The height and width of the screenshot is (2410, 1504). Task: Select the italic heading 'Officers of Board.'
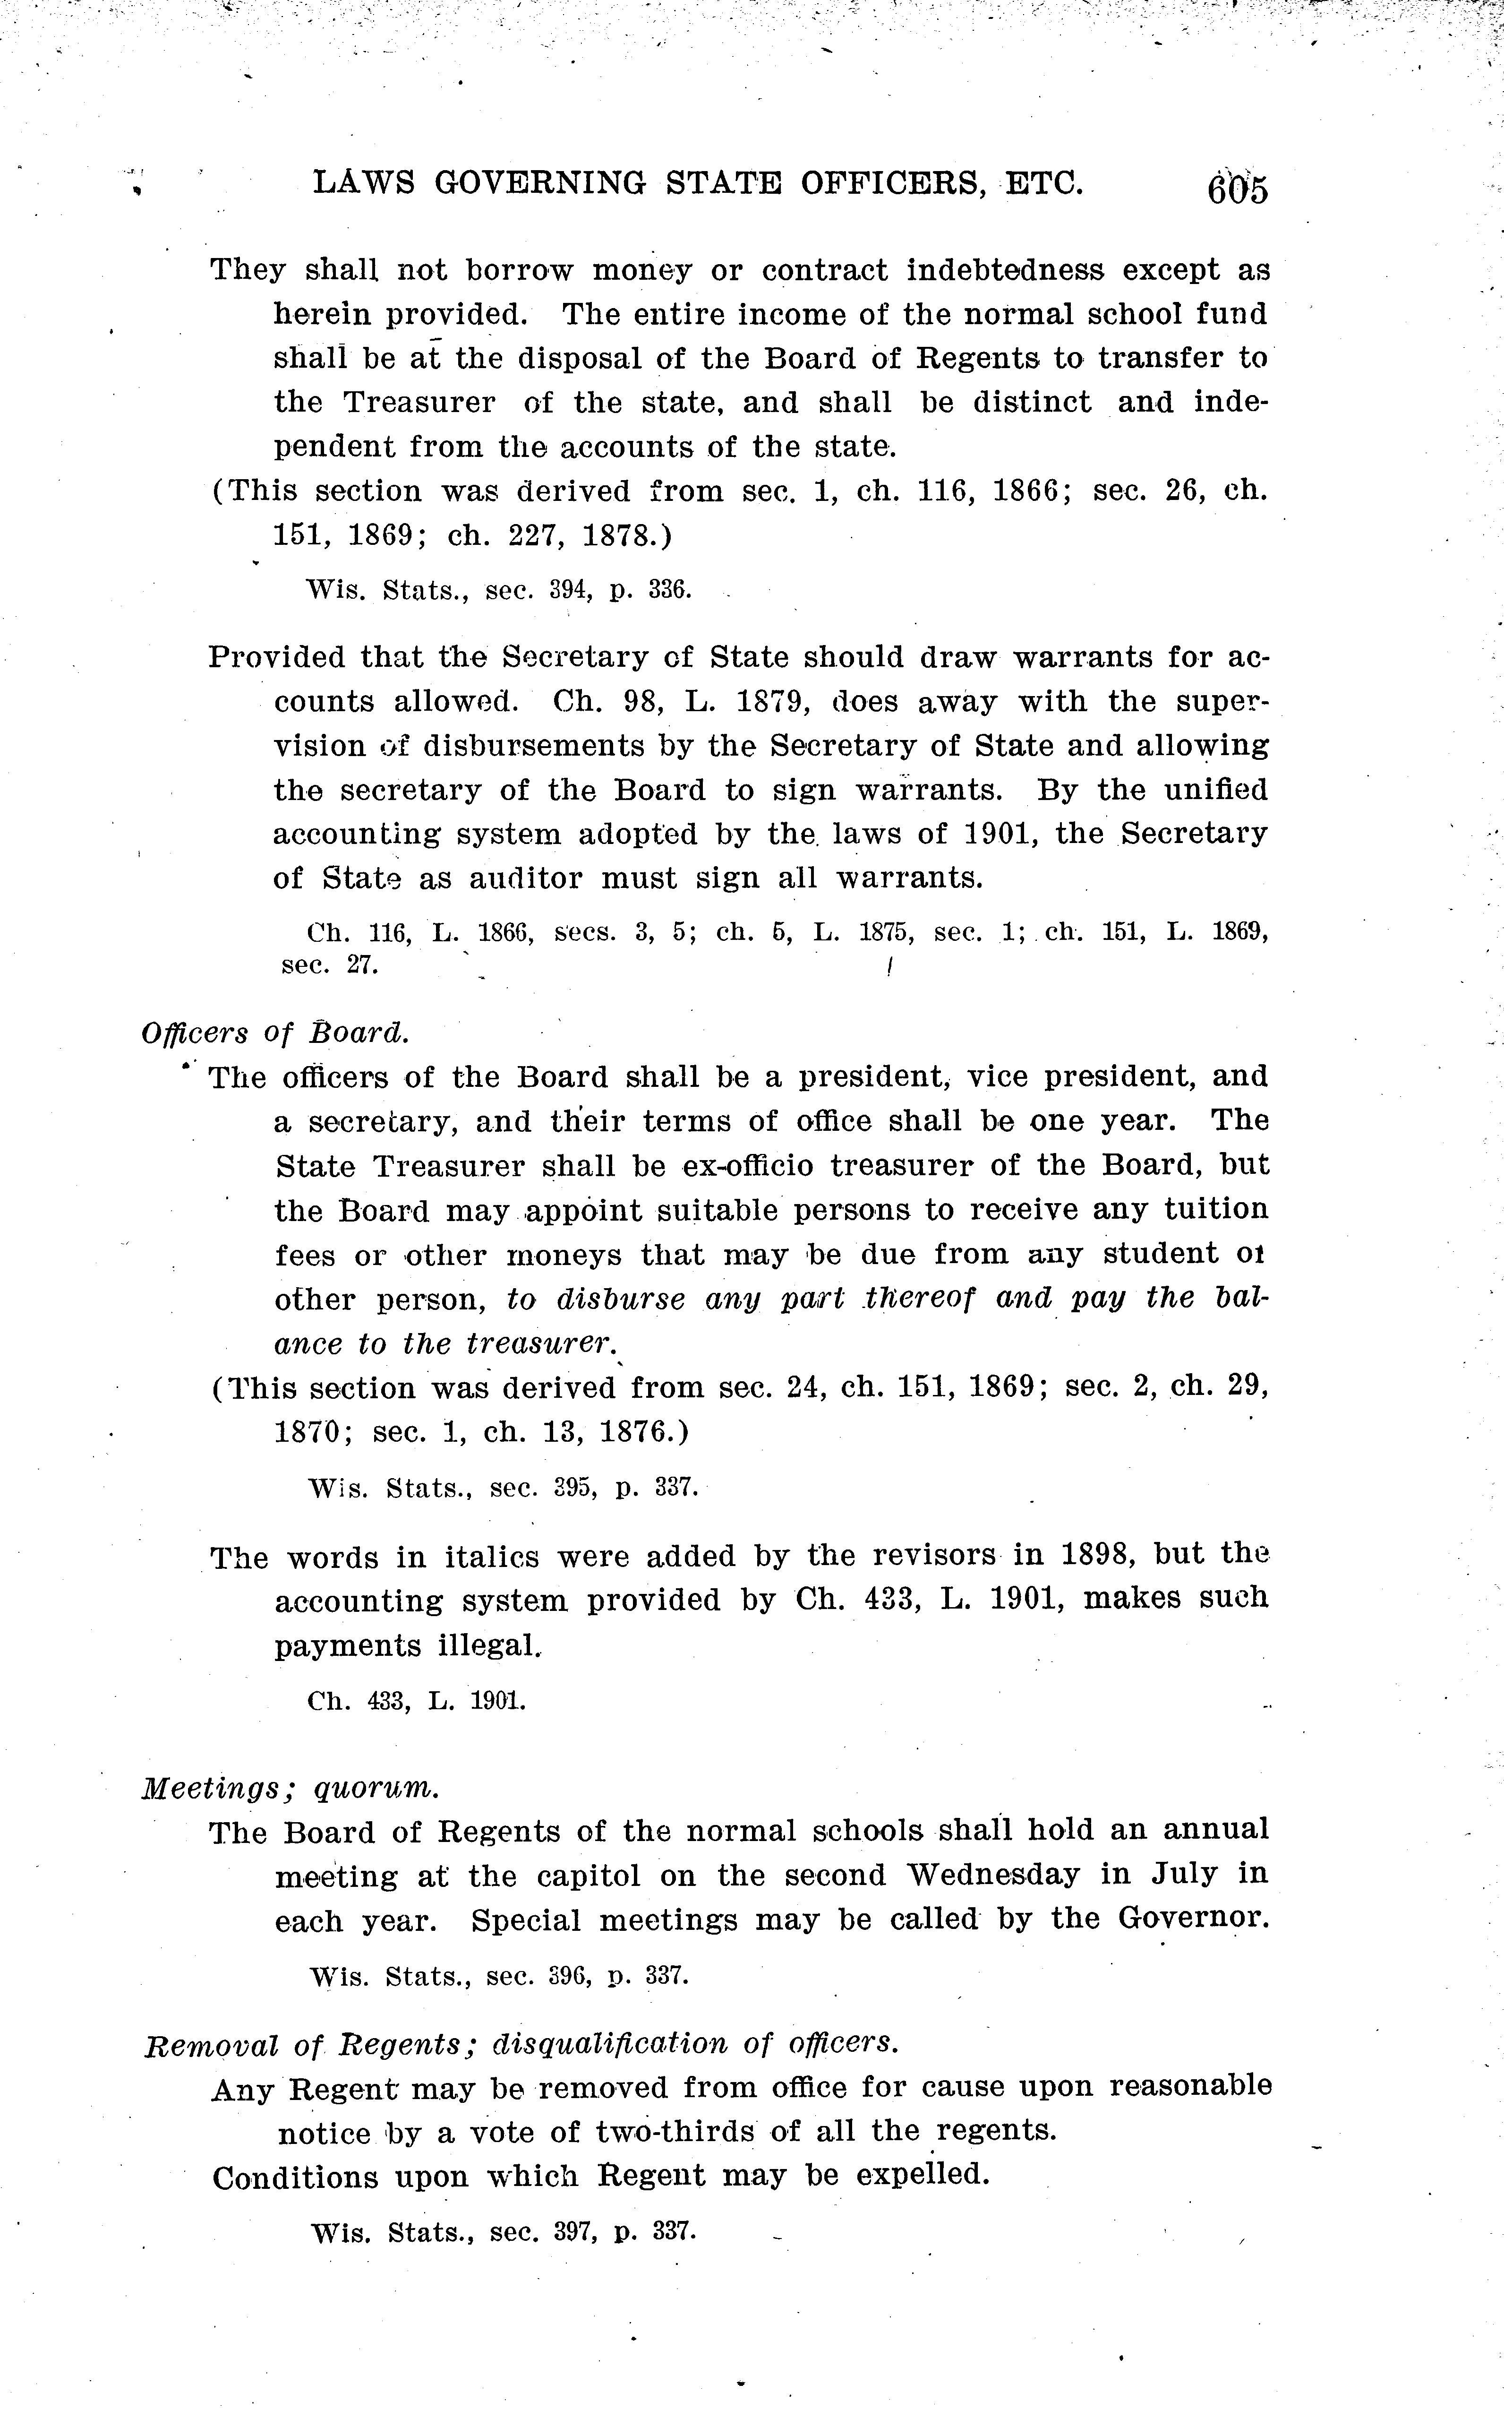click(274, 1033)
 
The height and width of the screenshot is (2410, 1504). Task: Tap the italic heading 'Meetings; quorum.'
click(290, 1788)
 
